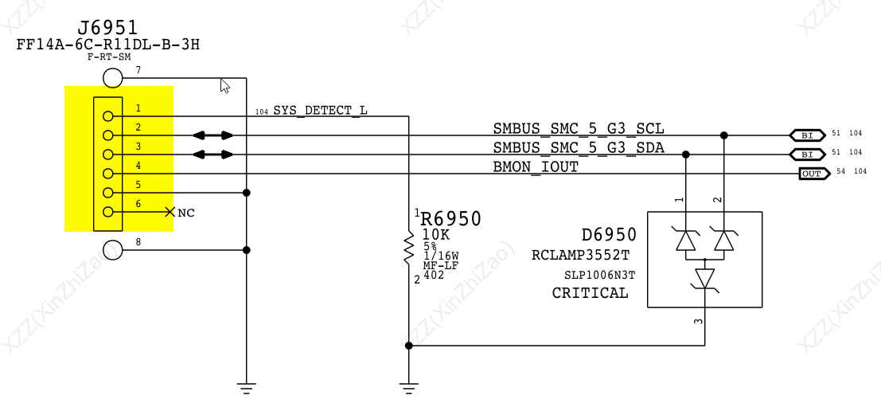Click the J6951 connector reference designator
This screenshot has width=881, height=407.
108,28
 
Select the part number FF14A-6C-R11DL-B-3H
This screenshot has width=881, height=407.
108,45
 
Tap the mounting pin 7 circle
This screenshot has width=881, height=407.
113,78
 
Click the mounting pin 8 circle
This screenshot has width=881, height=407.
113,249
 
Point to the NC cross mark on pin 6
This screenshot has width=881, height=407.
170,212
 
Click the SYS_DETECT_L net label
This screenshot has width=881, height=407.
320,110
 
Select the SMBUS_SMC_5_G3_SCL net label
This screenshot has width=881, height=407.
578,128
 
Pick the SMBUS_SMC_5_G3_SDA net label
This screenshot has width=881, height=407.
578,147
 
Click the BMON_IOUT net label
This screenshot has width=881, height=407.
536,166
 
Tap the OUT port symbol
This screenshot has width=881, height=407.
811,174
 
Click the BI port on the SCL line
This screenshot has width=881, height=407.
806,135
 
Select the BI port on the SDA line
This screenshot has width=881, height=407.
806,155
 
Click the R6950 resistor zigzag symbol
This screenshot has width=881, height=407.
409,249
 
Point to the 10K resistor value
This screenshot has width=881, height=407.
436,234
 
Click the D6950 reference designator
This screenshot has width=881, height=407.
609,235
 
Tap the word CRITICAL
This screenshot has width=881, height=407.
590,293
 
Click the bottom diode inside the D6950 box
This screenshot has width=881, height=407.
705,279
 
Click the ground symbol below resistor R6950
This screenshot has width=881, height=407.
409,388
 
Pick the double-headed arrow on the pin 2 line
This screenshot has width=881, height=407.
214,135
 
